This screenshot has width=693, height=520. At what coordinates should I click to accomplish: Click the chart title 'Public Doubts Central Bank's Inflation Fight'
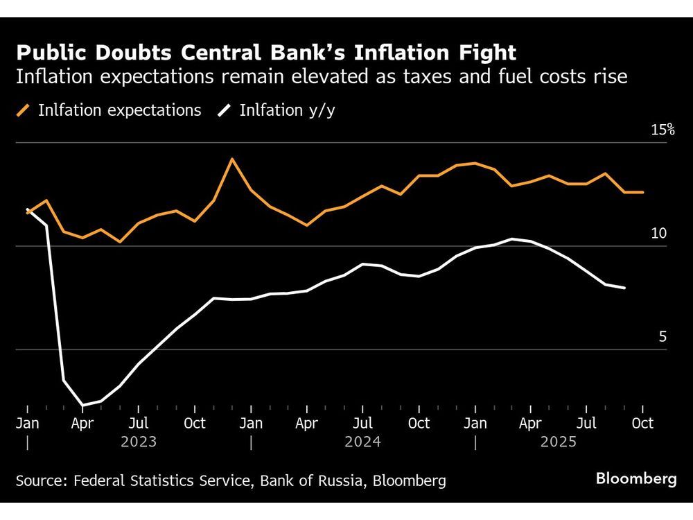266,53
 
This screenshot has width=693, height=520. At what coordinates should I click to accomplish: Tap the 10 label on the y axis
658,234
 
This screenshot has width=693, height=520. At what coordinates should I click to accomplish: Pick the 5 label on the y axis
662,337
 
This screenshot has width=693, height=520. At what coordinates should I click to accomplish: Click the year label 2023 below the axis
139,442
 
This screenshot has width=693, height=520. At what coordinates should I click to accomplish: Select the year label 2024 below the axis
362,442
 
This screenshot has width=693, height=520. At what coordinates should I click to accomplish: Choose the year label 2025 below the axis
559,442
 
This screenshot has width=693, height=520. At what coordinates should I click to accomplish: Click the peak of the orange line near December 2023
232,159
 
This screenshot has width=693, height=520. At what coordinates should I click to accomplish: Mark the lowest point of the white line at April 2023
83,405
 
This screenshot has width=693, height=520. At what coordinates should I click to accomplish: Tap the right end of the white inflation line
625,288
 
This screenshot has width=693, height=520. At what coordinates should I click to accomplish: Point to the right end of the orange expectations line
643,192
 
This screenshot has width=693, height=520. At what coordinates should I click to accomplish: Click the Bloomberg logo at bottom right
635,479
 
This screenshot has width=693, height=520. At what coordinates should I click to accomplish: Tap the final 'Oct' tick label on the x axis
642,423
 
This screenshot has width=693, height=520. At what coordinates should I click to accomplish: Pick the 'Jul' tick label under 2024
363,423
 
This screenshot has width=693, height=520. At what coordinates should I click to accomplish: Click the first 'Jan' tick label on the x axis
27,423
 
